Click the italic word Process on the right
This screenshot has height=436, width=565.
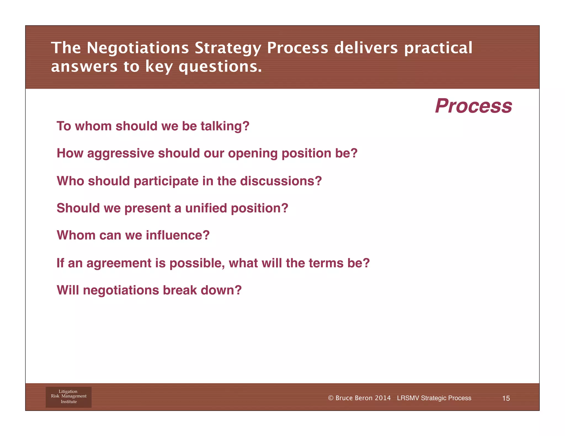click(x=473, y=106)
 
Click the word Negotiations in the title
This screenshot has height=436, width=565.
click(x=138, y=48)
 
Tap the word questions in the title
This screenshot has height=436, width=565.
click(x=220, y=67)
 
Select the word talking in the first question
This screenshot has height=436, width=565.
click(x=225, y=126)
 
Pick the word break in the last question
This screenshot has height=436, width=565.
click(x=180, y=290)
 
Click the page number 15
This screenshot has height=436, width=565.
click(x=506, y=398)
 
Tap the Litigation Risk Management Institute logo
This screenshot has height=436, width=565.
click(x=68, y=397)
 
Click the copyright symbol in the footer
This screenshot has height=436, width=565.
click(x=331, y=398)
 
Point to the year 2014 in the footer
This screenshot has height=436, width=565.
click(x=383, y=398)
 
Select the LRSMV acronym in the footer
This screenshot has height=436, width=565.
click(x=408, y=398)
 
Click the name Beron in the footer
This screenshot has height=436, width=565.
click(x=363, y=398)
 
